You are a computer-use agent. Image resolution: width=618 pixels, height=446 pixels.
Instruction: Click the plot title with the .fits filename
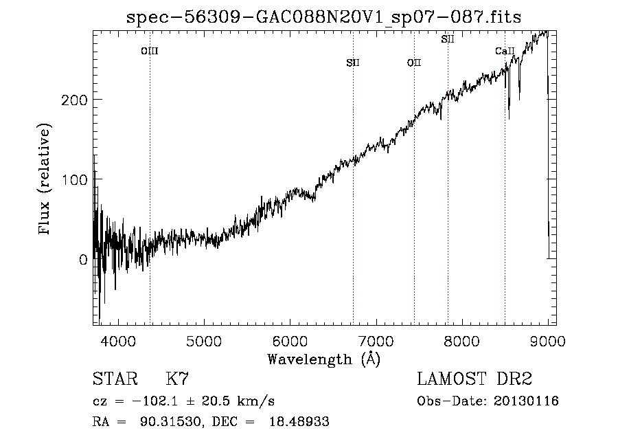323,17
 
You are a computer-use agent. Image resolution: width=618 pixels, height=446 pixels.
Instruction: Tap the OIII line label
150,51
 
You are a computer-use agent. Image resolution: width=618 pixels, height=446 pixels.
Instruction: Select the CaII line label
505,51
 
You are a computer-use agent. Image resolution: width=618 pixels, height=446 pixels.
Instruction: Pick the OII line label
414,63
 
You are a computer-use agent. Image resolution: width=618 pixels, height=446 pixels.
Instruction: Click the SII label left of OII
353,63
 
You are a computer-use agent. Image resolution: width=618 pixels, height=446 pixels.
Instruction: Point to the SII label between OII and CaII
448,39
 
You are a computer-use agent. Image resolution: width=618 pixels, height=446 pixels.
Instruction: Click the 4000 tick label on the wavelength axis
118,341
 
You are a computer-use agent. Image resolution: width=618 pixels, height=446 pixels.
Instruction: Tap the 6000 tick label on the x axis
290,341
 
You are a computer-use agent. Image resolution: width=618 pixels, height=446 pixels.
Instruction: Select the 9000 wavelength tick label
548,341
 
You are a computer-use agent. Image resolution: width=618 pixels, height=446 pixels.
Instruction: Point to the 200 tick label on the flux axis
74,100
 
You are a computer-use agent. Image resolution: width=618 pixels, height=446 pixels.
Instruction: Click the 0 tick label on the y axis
83,260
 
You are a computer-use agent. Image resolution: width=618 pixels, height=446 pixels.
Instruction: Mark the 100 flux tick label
74,180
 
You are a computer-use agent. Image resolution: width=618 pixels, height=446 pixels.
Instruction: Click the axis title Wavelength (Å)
324,359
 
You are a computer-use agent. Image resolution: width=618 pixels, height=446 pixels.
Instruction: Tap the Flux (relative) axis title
44,179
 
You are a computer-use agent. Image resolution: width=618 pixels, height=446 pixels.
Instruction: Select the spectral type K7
177,379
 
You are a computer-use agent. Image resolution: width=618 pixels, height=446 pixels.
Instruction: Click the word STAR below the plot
115,379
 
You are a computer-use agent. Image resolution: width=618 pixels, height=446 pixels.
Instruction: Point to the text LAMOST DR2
474,379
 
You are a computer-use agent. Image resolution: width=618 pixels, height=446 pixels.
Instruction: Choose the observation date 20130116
526,401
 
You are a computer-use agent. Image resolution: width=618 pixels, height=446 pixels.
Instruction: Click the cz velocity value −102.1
155,401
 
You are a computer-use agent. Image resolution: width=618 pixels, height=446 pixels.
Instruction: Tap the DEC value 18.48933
299,421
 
